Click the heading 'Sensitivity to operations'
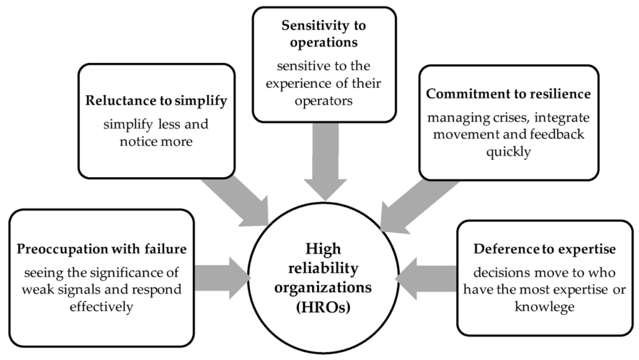[x=324, y=34]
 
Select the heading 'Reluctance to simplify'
[x=156, y=100]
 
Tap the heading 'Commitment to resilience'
[x=508, y=94]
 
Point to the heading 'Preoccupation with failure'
[x=102, y=249]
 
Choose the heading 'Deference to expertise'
[x=544, y=249]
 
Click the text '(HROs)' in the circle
[x=323, y=306]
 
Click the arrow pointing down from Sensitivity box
[x=325, y=161]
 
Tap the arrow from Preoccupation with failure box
[x=222, y=278]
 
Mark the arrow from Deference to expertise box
[x=426, y=279]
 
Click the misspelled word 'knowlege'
[x=544, y=306]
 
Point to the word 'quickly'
[x=508, y=152]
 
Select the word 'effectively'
[x=102, y=306]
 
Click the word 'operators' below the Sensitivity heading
[x=324, y=101]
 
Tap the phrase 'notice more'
[x=156, y=142]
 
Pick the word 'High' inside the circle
[x=323, y=249]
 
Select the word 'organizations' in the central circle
[x=323, y=288]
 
